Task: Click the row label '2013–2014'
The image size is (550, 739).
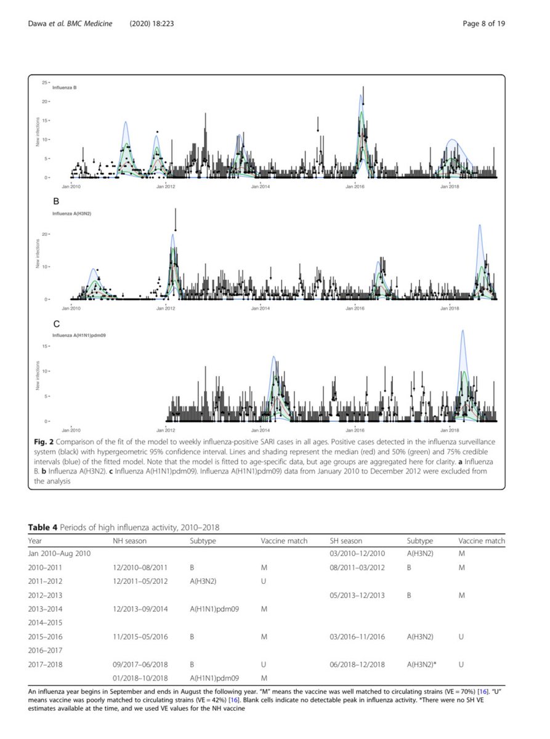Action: pyautogui.click(x=46, y=609)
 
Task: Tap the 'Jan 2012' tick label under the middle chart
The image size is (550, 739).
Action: pyautogui.click(x=164, y=307)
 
